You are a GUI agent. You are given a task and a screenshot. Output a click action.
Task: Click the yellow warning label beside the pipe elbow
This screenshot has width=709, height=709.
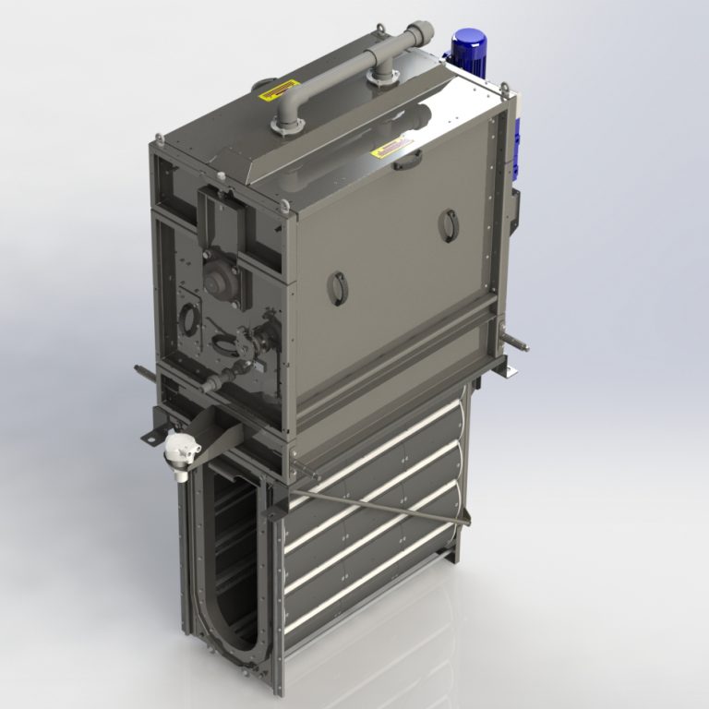pos(271,92)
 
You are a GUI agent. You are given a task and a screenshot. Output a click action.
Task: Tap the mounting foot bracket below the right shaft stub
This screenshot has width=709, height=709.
pos(504,368)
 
